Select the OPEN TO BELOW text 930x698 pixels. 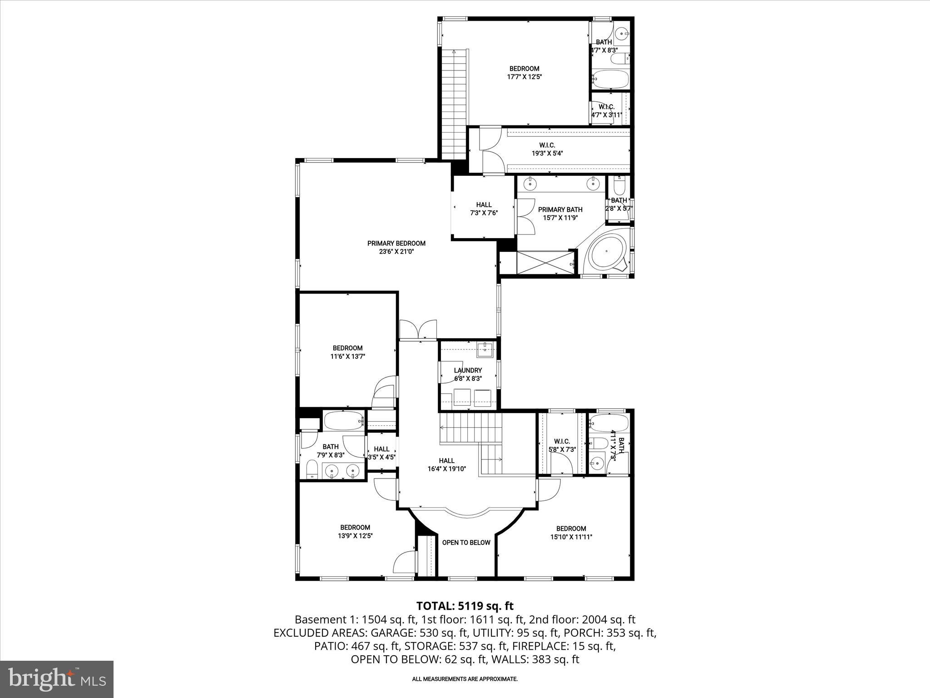[x=466, y=543]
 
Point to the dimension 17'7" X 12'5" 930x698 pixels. [x=524, y=77]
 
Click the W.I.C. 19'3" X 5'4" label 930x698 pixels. [x=547, y=149]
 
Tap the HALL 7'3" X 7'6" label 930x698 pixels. [x=484, y=209]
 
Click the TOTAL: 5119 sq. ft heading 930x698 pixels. [x=465, y=606]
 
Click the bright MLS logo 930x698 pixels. [x=57, y=679]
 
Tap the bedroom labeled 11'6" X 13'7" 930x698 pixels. [x=347, y=352]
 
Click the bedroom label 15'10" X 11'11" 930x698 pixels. [x=571, y=533]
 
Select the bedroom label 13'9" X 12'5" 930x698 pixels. [x=355, y=532]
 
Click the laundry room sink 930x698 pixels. [x=485, y=349]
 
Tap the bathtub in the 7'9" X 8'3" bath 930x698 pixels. [x=344, y=421]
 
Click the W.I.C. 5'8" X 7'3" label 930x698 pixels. [x=562, y=445]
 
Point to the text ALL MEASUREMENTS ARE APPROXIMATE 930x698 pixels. [x=465, y=679]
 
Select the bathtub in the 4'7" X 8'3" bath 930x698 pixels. [x=610, y=80]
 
